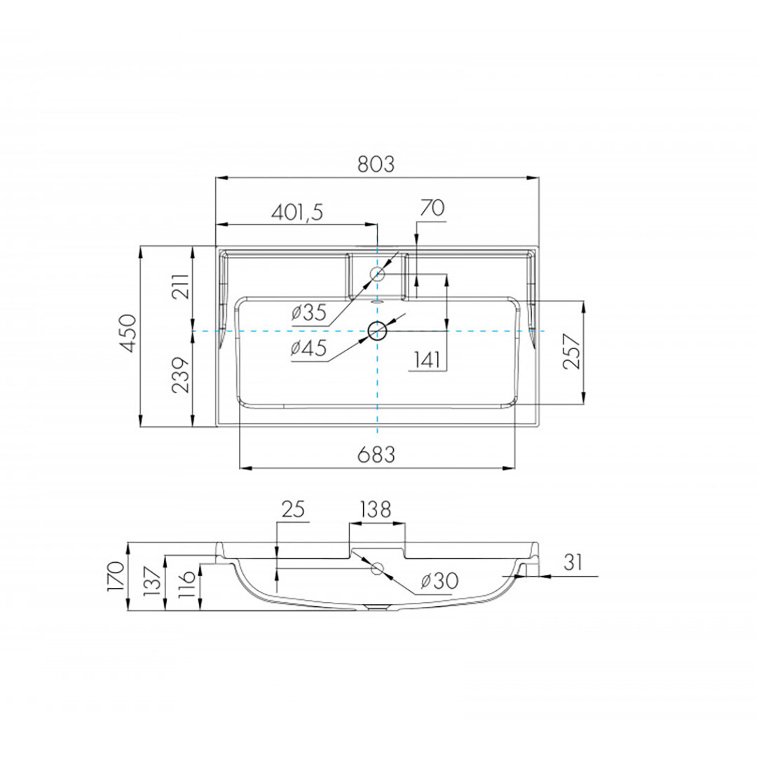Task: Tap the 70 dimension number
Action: pos(432,208)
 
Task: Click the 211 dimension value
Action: pos(181,286)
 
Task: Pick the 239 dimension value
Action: pos(181,375)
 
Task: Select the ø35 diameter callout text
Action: pos(309,313)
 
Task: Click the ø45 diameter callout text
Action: pos(309,348)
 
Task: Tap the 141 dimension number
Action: pos(427,360)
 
